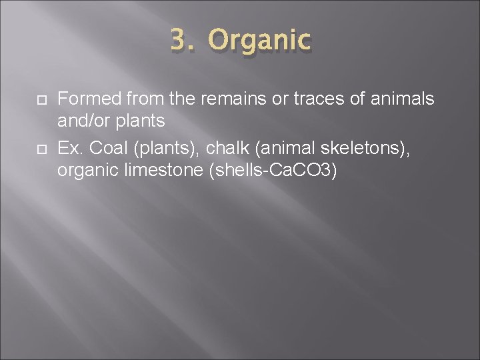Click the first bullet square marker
point(39,101)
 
